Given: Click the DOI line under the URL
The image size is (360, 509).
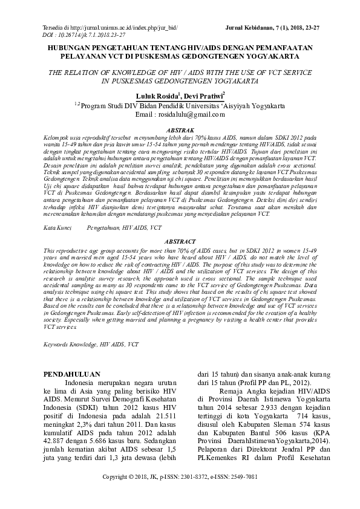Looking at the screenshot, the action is click(85, 36).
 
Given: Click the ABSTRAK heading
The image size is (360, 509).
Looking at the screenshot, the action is click(180, 130).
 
